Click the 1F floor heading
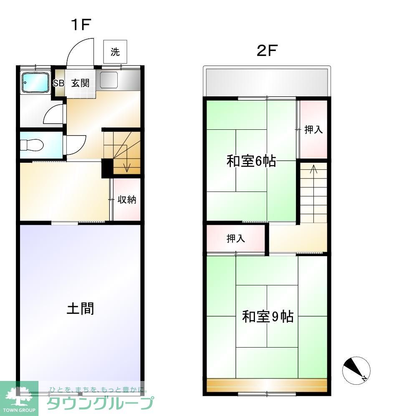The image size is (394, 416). pyautogui.click(x=80, y=25)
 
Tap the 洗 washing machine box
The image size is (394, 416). pyautogui.click(x=115, y=52)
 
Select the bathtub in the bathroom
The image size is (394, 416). pyautogui.click(x=35, y=83)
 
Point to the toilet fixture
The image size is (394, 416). pyautogui.click(x=32, y=145)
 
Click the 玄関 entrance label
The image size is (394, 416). pyautogui.click(x=80, y=83)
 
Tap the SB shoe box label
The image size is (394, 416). pyautogui.click(x=58, y=83)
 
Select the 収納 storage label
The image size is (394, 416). pyautogui.click(x=127, y=199)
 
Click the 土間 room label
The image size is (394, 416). pyautogui.click(x=80, y=309)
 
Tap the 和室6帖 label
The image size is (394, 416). pyautogui.click(x=251, y=161)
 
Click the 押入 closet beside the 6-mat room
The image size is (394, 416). pyautogui.click(x=313, y=129)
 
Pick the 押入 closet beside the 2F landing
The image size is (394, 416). pyautogui.click(x=235, y=239)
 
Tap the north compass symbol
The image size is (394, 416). pyautogui.click(x=356, y=370)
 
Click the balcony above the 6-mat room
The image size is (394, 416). pyautogui.click(x=267, y=82)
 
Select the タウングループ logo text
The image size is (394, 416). pyautogui.click(x=100, y=403)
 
